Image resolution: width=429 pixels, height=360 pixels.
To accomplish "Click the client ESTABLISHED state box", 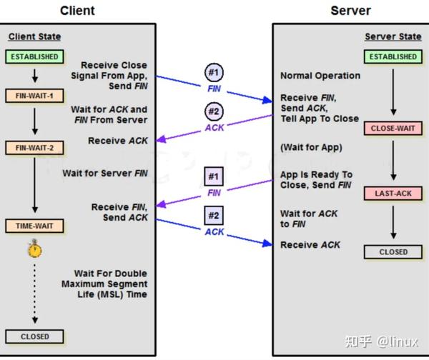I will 34,56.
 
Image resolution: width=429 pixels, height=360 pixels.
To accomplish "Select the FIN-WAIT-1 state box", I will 34,94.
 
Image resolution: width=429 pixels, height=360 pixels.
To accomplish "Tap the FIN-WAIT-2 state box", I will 34,148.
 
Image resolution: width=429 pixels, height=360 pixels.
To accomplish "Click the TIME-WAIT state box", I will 34,226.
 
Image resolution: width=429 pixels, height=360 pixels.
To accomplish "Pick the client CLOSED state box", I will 34,336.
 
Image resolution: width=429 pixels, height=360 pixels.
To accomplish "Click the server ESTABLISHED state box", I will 393,56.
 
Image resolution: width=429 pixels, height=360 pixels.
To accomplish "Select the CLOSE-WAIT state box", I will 393,129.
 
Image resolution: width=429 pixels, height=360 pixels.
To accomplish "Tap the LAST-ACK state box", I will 393,194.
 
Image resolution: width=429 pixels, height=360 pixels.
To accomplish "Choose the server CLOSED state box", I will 393,251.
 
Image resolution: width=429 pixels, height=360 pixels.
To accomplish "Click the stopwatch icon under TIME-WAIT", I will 34,249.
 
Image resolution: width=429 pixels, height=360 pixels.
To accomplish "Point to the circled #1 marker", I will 214,73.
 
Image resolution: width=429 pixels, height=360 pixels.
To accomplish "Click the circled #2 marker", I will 214,111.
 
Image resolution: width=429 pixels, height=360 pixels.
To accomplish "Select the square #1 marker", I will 214,176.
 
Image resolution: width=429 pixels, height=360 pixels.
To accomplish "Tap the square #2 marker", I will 214,215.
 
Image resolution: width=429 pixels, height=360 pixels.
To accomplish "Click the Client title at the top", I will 77,10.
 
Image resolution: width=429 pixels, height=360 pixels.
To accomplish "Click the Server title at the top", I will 350,10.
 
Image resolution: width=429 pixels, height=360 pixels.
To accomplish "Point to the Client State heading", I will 34,36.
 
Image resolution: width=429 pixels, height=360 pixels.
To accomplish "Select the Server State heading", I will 393,36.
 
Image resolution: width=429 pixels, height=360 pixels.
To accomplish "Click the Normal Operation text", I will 320,76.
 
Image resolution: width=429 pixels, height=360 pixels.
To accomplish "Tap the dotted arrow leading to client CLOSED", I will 34,293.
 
